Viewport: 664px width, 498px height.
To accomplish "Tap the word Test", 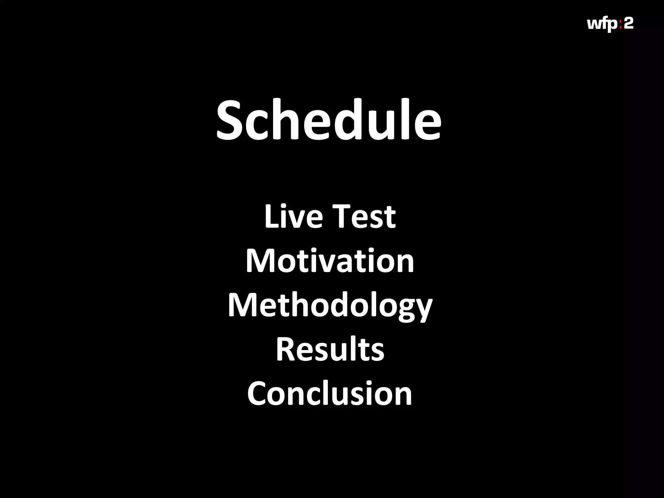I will pos(364,216).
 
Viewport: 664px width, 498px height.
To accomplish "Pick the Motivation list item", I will pos(330,261).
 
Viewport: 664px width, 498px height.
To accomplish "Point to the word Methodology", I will pos(330,305).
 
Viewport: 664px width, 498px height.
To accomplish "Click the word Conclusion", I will pos(330,394).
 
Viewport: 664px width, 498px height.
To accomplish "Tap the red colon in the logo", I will pos(621,24).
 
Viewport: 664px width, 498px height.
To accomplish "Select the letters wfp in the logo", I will pos(602,24).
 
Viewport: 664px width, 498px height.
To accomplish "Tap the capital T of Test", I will pos(342,216).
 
